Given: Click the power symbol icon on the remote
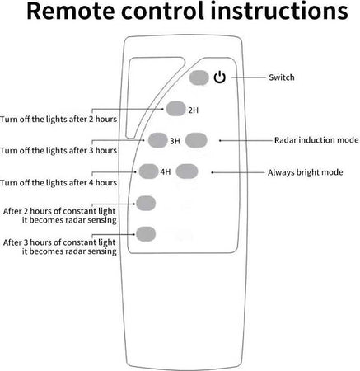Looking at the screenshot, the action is pyautogui.click(x=220, y=77).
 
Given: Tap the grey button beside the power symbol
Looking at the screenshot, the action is pyautogui.click(x=199, y=77).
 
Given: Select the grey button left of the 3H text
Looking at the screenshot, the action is pyautogui.click(x=157, y=140).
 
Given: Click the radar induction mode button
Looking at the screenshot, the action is pyautogui.click(x=196, y=140).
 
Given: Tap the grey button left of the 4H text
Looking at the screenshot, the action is pyautogui.click(x=148, y=171).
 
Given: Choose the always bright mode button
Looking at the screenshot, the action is pyautogui.click(x=187, y=171).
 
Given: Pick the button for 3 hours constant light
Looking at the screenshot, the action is pyautogui.click(x=146, y=234).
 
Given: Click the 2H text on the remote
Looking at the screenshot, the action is pyautogui.click(x=193, y=110).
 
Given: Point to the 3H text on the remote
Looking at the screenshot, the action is pyautogui.click(x=175, y=141).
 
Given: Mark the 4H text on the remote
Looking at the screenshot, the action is pyautogui.click(x=166, y=171).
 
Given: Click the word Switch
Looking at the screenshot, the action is pyautogui.click(x=282, y=77).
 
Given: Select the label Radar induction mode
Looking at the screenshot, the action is pyautogui.click(x=316, y=140).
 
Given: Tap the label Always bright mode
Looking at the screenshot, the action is pyautogui.click(x=306, y=172).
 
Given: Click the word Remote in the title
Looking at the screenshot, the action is pyautogui.click(x=71, y=11).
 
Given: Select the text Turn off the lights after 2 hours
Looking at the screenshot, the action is pyautogui.click(x=58, y=120).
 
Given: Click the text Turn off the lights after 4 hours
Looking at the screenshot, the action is pyautogui.click(x=58, y=182).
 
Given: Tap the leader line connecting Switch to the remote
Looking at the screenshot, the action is pyautogui.click(x=249, y=77).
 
